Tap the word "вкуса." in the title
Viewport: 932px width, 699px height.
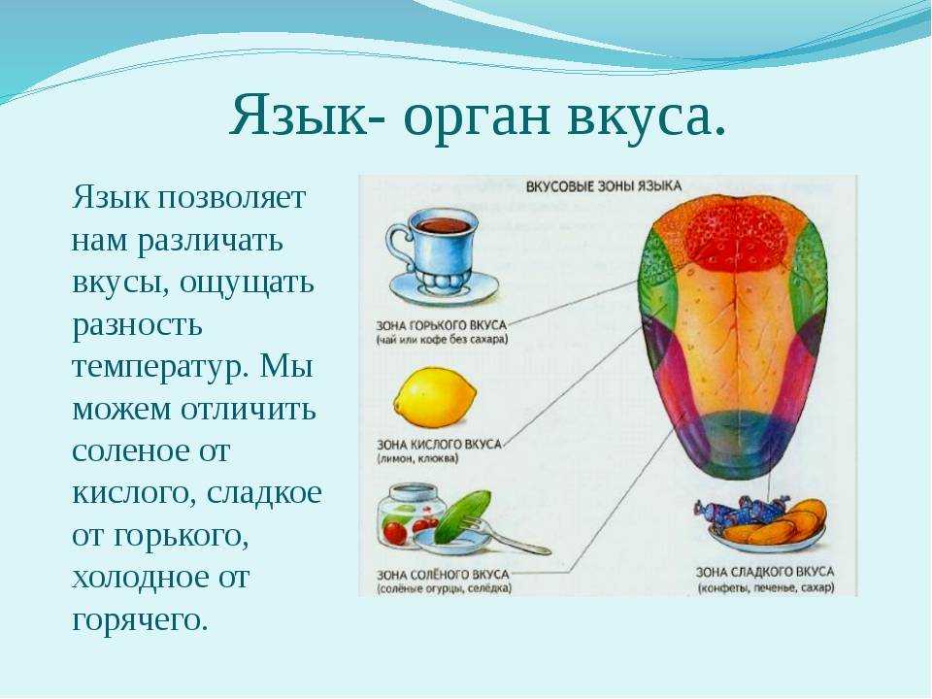647,114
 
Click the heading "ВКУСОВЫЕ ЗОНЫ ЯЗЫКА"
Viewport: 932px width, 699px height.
603,186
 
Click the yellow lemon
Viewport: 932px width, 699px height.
435,397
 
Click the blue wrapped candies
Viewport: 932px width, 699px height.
743,511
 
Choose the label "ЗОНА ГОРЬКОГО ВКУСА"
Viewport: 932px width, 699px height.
442,325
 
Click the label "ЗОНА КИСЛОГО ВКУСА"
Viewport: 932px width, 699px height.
439,444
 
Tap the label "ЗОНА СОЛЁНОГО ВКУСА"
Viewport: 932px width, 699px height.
443,575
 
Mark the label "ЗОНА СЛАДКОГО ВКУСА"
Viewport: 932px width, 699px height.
765,572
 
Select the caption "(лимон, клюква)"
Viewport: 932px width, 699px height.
417,459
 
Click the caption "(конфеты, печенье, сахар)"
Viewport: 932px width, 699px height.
766,588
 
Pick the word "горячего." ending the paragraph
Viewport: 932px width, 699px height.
140,620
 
